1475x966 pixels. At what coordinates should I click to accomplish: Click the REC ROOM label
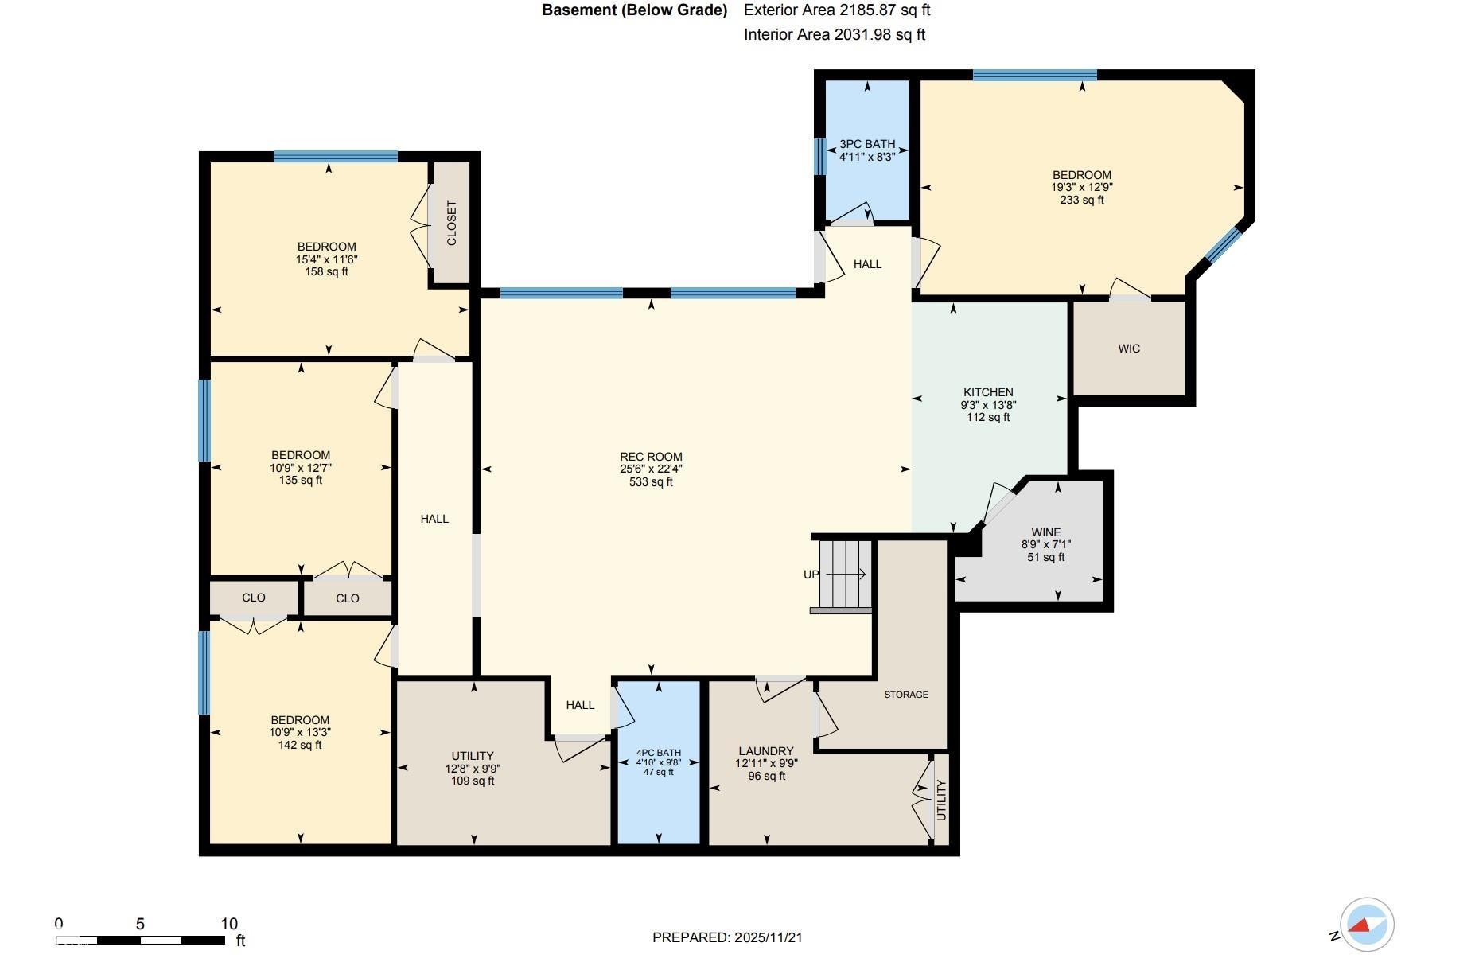click(651, 457)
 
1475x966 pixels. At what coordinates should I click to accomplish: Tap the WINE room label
click(1046, 532)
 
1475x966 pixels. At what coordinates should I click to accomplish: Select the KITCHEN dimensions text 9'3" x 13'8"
click(988, 404)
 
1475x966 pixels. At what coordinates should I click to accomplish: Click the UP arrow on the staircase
click(846, 574)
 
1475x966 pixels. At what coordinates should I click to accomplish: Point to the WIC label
click(1129, 349)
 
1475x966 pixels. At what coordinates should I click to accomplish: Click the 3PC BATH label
click(867, 144)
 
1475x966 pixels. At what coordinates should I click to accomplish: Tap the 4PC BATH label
click(659, 753)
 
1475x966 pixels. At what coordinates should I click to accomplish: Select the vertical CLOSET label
click(452, 223)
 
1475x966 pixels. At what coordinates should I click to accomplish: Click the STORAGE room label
click(906, 695)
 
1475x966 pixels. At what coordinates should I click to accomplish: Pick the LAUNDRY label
click(766, 751)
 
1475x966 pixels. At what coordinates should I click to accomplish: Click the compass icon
click(1367, 925)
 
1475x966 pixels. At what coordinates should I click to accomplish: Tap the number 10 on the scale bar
click(229, 924)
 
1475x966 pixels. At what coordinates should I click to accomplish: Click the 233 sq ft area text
click(1082, 200)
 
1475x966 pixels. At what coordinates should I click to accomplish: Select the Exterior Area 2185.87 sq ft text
click(837, 10)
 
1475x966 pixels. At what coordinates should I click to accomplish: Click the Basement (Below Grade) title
click(635, 10)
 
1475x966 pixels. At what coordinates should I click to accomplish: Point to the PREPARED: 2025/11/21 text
click(727, 937)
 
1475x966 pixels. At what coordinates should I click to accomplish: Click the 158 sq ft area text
click(327, 271)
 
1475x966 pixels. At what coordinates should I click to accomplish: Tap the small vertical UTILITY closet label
click(941, 800)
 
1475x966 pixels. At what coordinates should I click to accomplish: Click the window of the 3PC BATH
click(819, 156)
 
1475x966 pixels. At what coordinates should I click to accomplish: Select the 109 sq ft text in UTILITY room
click(473, 781)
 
